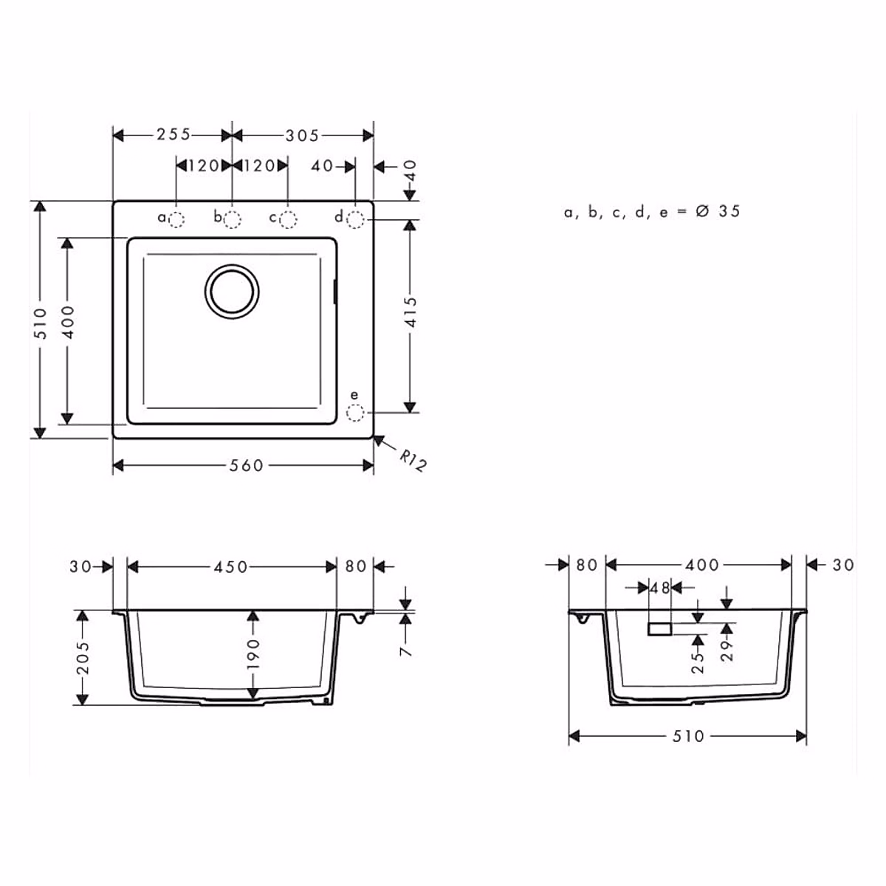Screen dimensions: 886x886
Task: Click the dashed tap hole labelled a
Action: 176,220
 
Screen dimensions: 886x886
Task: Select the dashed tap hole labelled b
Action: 232,220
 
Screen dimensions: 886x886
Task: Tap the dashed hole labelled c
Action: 288,220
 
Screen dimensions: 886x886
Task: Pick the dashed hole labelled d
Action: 355,220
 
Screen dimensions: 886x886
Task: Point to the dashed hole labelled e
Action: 355,413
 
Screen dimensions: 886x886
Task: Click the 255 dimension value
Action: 174,134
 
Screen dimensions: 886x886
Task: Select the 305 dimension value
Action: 302,136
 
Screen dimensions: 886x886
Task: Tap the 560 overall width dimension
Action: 247,465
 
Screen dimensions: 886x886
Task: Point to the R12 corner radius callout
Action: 413,461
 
